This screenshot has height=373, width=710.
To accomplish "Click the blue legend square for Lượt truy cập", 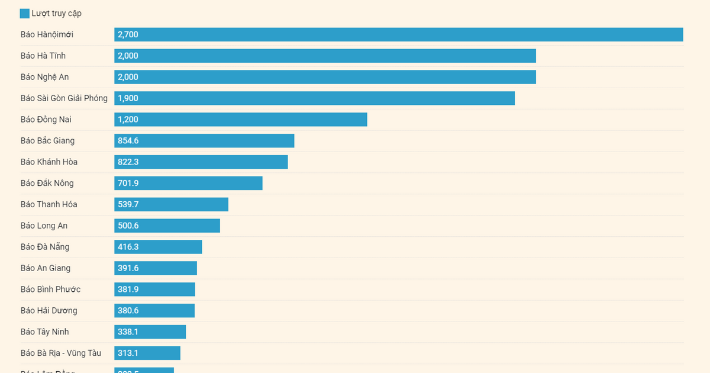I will coord(24,14).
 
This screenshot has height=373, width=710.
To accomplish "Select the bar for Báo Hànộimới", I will coord(398,34).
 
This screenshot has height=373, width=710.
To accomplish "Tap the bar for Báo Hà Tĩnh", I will coord(325,56).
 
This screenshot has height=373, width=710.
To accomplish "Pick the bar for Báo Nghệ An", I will coord(325,77).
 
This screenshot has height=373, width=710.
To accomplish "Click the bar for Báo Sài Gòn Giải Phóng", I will coord(314,98).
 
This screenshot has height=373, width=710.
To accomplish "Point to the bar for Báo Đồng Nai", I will coord(241,120).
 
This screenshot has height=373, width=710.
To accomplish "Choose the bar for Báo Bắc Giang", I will coord(204,141).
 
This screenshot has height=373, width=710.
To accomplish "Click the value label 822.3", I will coord(128,162).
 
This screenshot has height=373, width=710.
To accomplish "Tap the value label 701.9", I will coord(128,184).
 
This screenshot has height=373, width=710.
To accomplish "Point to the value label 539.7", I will coord(128,205).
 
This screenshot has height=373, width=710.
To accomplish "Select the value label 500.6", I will coord(128,226).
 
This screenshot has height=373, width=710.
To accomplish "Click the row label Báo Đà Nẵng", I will coord(45,247).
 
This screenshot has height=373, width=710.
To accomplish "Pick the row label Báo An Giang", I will coord(46,268).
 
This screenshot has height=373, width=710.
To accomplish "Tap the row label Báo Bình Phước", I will coord(50,290).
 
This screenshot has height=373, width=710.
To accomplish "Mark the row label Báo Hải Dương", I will coord(49,311).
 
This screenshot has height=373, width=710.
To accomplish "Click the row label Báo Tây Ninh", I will coord(45,332).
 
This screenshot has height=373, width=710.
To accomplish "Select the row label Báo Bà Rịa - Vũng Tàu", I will coord(61,353).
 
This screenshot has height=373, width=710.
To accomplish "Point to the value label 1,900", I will coord(128,98).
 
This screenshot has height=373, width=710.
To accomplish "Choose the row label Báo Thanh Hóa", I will coord(49,205).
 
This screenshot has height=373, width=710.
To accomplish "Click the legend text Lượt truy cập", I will coord(57,14).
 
